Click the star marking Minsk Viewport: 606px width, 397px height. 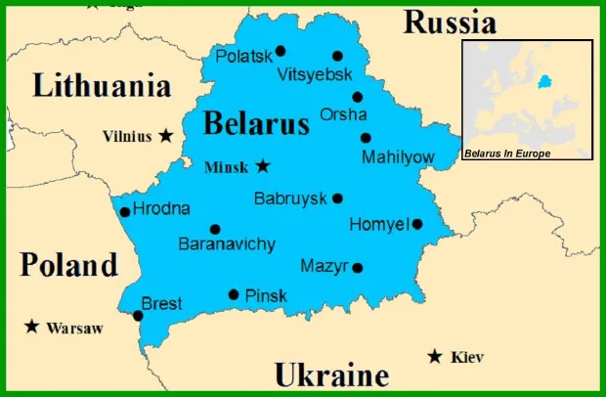[x=263, y=166]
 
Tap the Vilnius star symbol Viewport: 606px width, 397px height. [x=167, y=136]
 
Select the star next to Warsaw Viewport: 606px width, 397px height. [x=32, y=327]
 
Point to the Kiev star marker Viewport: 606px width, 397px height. [x=435, y=357]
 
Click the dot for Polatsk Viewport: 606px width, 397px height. [x=281, y=51]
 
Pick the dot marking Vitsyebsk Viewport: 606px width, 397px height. [x=338, y=56]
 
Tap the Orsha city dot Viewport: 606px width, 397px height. [x=358, y=97]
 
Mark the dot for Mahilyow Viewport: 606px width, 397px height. [x=366, y=138]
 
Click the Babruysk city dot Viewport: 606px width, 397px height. [x=337, y=198]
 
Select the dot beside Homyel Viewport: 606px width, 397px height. [x=417, y=224]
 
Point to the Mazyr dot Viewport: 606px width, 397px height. [x=358, y=267]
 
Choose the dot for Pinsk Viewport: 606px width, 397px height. [x=234, y=294]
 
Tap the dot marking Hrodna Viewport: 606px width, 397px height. [x=125, y=211]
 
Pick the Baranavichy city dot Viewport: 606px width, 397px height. [x=215, y=229]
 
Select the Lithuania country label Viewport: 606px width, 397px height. [x=102, y=86]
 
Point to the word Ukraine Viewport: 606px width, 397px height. [x=331, y=375]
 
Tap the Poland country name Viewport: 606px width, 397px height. [x=68, y=264]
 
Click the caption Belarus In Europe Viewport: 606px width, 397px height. [x=507, y=154]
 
